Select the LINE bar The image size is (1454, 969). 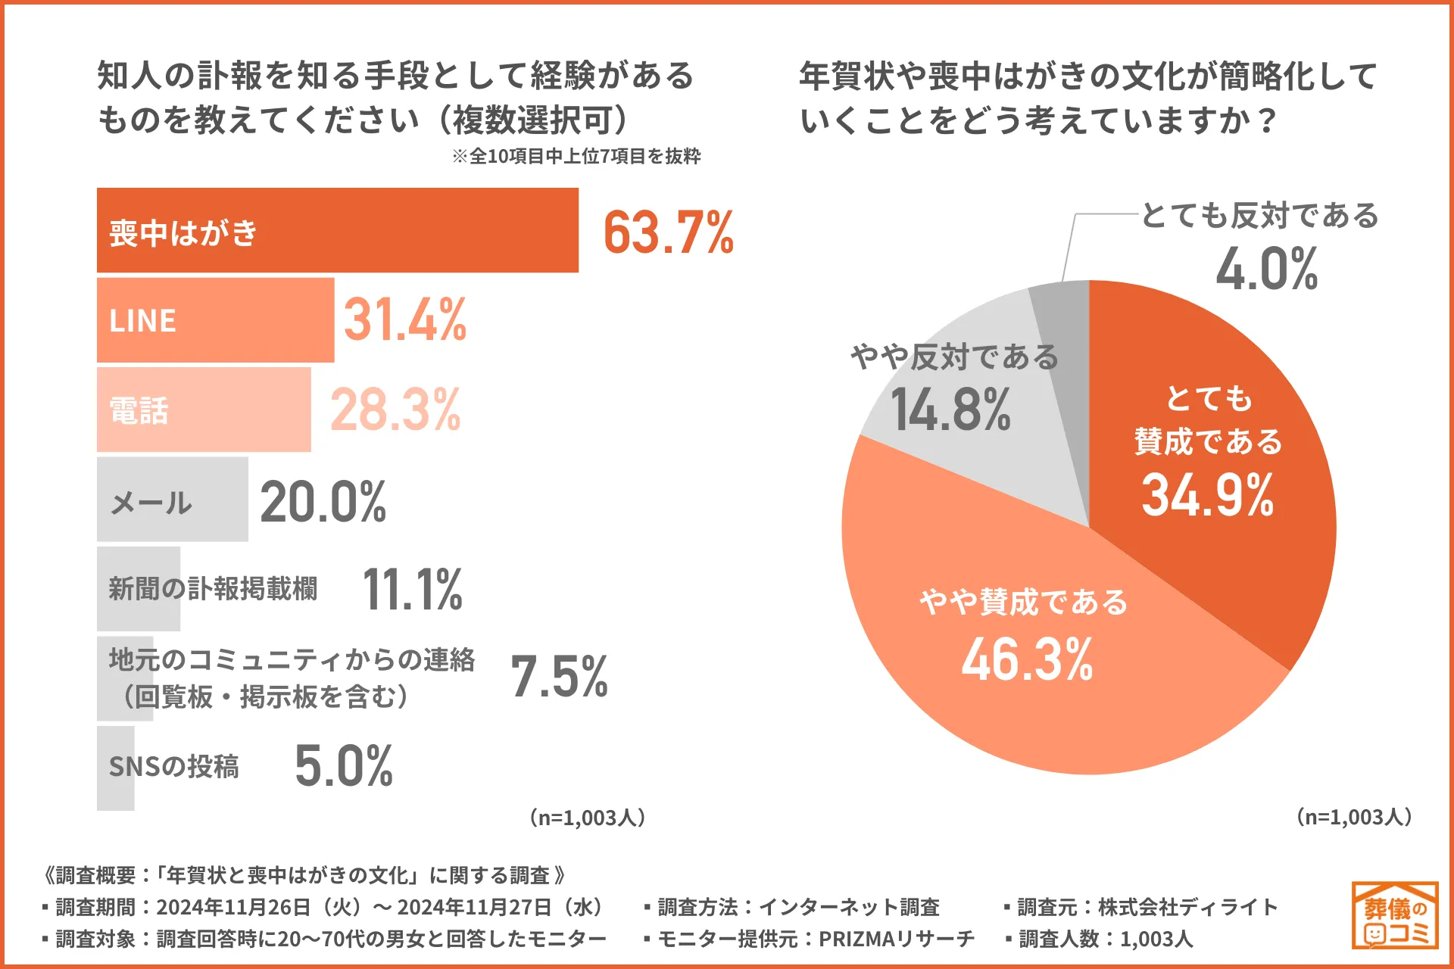tap(215, 320)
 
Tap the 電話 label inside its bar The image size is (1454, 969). tap(139, 410)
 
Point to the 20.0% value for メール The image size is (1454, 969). tap(323, 502)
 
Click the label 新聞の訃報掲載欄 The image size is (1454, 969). tap(213, 588)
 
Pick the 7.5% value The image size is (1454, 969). tap(559, 676)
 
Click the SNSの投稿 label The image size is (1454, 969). tap(174, 766)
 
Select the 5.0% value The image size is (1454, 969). tap(344, 766)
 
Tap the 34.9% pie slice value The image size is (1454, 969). tap(1207, 495)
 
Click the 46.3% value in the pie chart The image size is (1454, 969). tap(1027, 659)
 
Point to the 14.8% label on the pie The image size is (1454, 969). tap(950, 410)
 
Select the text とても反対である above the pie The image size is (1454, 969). tap(1259, 216)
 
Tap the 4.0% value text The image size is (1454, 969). tap(1266, 269)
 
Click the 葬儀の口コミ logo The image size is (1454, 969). tap(1395, 915)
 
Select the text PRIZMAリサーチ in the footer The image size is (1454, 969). tap(897, 939)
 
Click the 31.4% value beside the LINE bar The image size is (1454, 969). tap(405, 319)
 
